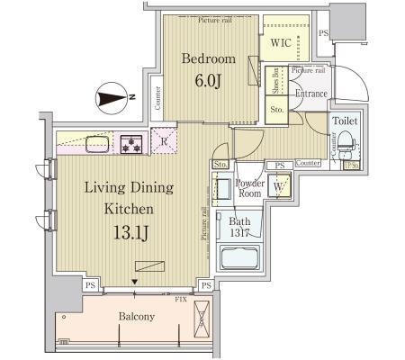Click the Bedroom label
click(208, 59)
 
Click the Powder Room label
click(249, 188)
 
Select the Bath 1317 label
click(240, 226)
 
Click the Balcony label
click(137, 317)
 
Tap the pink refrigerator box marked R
click(165, 139)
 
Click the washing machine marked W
click(279, 188)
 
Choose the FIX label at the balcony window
click(181, 298)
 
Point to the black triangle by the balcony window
click(135, 282)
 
